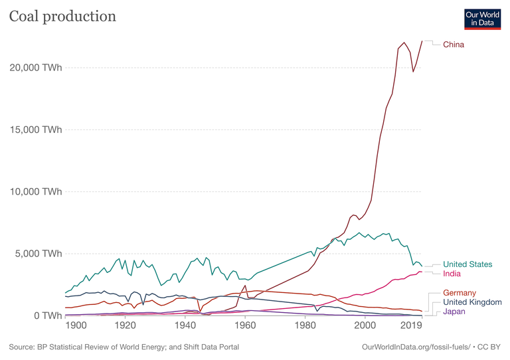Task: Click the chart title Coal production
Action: pos(62,16)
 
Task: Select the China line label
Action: pos(454,45)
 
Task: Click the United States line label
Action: pos(467,264)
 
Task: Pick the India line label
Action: pos(452,274)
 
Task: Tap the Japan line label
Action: pos(454,312)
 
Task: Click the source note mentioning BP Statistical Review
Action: pos(124,347)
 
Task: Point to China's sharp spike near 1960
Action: pos(244,286)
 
